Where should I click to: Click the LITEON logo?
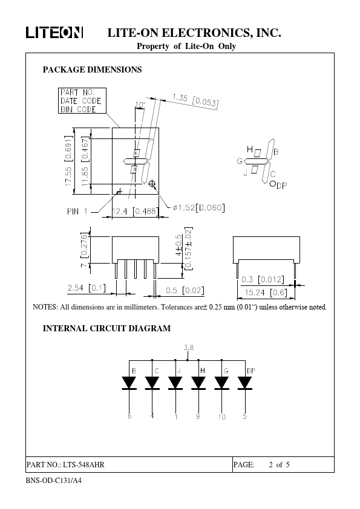tap(54, 33)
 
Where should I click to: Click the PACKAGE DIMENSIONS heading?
tap(93, 70)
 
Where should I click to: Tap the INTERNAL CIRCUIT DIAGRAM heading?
tap(106, 328)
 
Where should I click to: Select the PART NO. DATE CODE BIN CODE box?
tap(82, 100)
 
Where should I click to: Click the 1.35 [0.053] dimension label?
tap(195, 100)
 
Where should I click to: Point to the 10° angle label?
tap(140, 105)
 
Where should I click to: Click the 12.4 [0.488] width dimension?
tap(135, 212)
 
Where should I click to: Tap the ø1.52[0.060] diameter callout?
tap(198, 207)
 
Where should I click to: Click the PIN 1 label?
tap(77, 212)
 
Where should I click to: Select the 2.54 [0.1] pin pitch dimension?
tap(87, 288)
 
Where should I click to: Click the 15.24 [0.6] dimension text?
tap(266, 293)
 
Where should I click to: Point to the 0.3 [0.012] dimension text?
tap(263, 279)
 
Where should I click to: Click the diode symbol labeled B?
tap(129, 383)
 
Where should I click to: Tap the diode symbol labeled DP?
tap(244, 383)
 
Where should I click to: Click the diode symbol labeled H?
tap(198, 383)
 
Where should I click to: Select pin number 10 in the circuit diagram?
tap(221, 417)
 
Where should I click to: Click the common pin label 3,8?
tap(188, 348)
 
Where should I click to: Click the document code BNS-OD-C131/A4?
tap(54, 481)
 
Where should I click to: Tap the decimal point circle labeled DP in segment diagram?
tap(272, 183)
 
